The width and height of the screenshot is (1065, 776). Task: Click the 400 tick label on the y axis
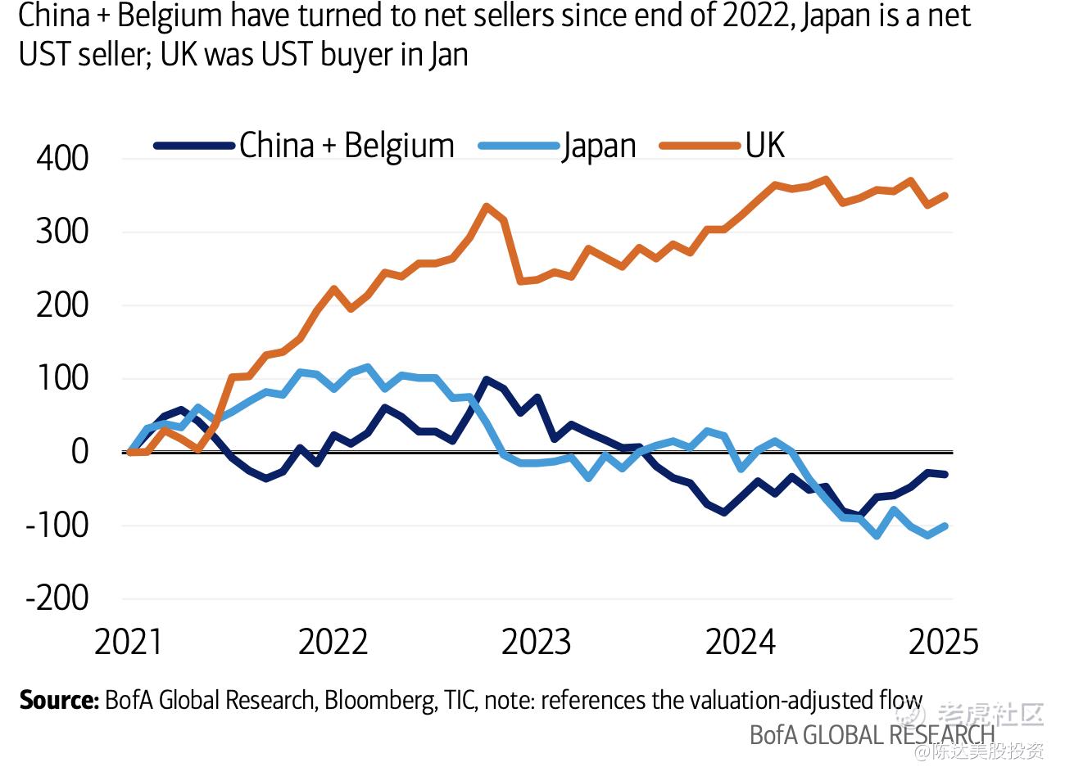(62, 159)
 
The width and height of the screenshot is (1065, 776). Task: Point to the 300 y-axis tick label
(62, 232)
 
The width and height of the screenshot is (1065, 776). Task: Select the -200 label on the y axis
(57, 598)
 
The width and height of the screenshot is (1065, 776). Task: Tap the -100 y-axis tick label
(57, 525)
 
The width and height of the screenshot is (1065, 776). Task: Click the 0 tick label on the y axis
(79, 452)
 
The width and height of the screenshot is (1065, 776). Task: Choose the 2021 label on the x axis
(129, 643)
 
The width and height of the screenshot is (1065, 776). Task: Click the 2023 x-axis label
(536, 643)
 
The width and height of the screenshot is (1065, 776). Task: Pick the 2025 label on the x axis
(944, 643)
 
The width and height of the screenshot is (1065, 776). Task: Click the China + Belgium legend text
(347, 146)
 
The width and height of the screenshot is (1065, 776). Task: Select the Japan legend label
(599, 147)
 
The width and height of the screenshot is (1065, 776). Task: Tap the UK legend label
(764, 145)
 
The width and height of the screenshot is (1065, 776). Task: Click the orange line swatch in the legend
(696, 147)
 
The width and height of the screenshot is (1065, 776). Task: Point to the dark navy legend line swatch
(194, 147)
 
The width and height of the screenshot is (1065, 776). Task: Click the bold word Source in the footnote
(58, 701)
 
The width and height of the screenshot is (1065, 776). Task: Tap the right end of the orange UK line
(945, 196)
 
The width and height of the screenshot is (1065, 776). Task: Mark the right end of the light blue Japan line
(945, 526)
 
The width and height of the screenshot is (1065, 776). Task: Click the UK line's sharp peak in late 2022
(487, 207)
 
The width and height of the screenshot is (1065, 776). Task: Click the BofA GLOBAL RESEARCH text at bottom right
(872, 735)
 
